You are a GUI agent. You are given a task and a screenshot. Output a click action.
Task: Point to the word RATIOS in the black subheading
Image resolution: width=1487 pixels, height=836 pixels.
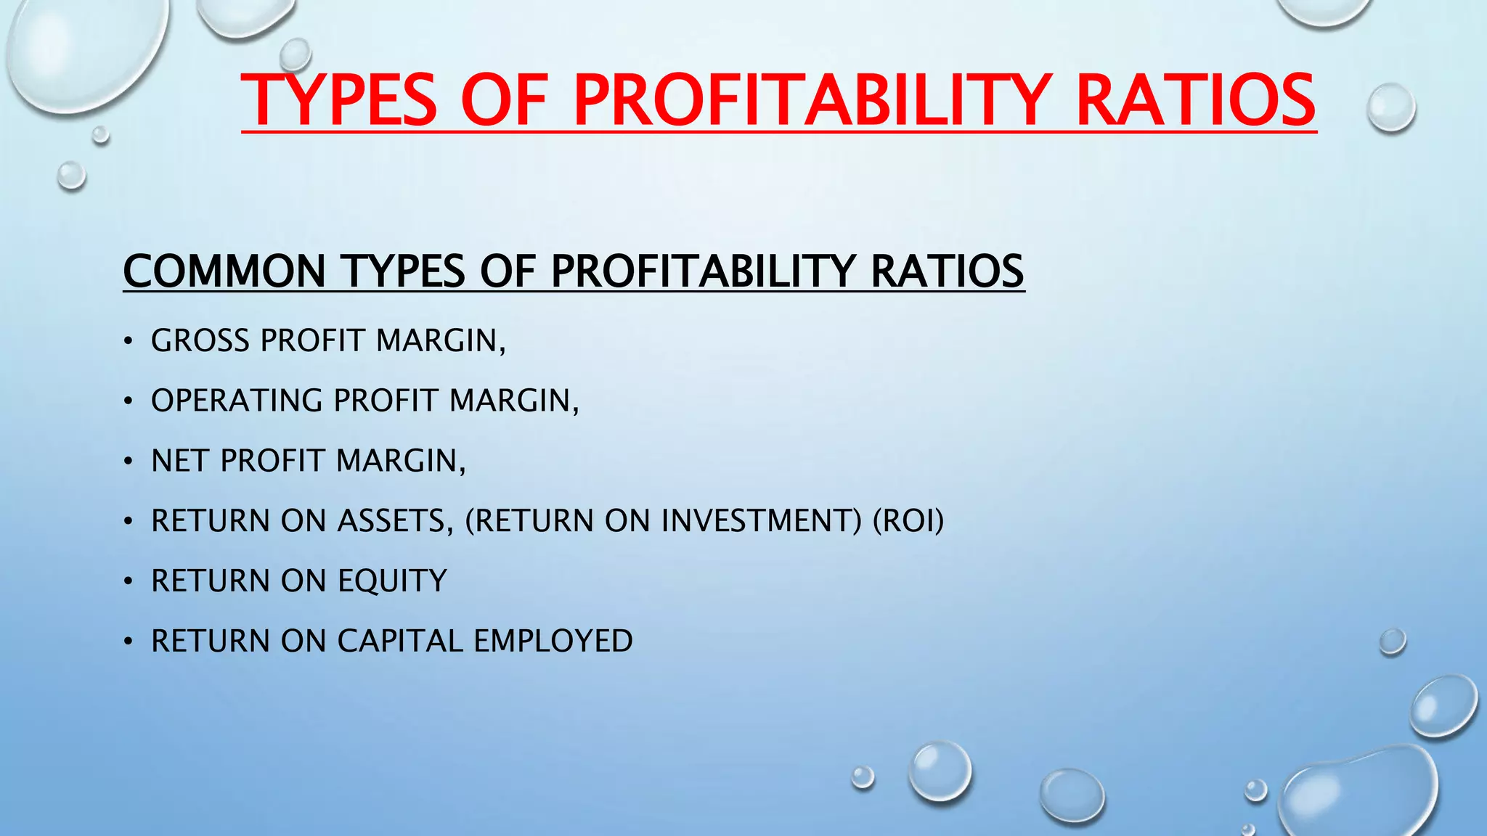pyautogui.click(x=947, y=271)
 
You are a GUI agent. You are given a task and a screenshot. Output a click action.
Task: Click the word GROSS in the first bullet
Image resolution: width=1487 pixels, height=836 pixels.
pyautogui.click(x=200, y=340)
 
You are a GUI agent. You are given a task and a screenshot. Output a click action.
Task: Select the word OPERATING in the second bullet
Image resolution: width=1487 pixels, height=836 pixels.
pyautogui.click(x=237, y=401)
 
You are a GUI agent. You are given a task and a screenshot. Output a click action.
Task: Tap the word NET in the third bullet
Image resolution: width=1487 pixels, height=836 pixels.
pyautogui.click(x=180, y=461)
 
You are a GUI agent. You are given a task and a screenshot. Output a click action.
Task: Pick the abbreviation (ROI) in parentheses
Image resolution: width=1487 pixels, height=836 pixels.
pyautogui.click(x=908, y=521)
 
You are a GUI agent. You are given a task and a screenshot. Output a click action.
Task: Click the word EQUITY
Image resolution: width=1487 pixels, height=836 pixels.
pyautogui.click(x=392, y=581)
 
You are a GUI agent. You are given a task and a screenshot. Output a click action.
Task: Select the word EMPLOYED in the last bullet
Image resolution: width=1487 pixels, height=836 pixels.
pyautogui.click(x=553, y=642)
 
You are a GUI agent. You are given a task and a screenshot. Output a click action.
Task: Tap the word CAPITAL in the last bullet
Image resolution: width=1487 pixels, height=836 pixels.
pyautogui.click(x=400, y=642)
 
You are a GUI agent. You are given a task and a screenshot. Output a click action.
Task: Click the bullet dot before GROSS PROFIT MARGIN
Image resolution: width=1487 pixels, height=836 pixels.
pyautogui.click(x=128, y=341)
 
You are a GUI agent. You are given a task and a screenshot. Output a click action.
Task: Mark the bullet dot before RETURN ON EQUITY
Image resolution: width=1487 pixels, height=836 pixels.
pyautogui.click(x=128, y=582)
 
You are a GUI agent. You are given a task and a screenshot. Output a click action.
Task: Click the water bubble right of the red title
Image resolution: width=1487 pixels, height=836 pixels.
pyautogui.click(x=1390, y=107)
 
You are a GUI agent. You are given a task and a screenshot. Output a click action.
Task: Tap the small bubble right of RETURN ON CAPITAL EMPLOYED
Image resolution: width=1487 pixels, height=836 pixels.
pyautogui.click(x=1392, y=642)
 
